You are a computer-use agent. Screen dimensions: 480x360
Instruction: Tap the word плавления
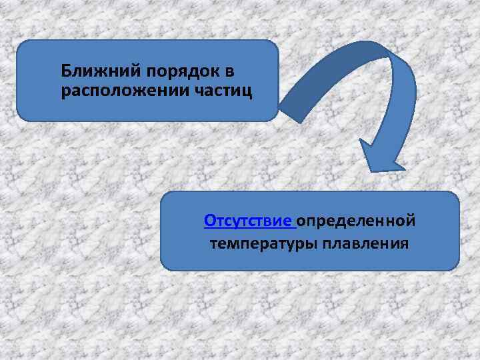pyautogui.click(x=365, y=243)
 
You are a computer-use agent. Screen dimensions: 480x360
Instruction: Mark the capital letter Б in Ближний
pyautogui.click(x=65, y=70)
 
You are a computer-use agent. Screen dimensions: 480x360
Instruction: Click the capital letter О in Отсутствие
pyautogui.click(x=209, y=220)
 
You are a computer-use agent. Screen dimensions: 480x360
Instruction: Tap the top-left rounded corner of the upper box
pyautogui.click(x=21, y=45)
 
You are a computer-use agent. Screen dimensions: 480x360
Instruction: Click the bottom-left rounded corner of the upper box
pyautogui.click(x=21, y=117)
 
